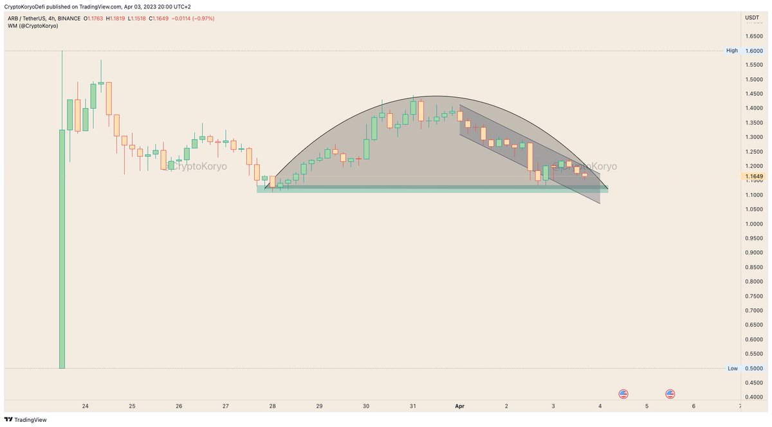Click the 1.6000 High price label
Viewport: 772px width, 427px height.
point(753,51)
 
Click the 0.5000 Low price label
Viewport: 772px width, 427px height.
point(753,368)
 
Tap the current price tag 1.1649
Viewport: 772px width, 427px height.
point(753,176)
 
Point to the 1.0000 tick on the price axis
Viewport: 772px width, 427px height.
point(753,224)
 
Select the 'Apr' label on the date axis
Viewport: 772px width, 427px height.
point(459,406)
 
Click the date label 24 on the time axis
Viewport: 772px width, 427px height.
point(85,406)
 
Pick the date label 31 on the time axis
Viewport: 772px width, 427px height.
point(413,406)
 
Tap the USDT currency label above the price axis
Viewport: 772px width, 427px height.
point(752,18)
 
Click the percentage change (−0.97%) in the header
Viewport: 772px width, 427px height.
point(200,19)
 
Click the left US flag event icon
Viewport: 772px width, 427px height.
point(623,394)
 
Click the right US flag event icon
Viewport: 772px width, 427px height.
point(670,394)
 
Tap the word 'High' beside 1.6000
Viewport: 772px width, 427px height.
point(732,51)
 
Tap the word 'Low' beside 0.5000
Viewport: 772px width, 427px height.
point(732,368)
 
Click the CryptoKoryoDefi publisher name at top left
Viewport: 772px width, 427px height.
point(28,7)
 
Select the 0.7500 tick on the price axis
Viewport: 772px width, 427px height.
point(753,296)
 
